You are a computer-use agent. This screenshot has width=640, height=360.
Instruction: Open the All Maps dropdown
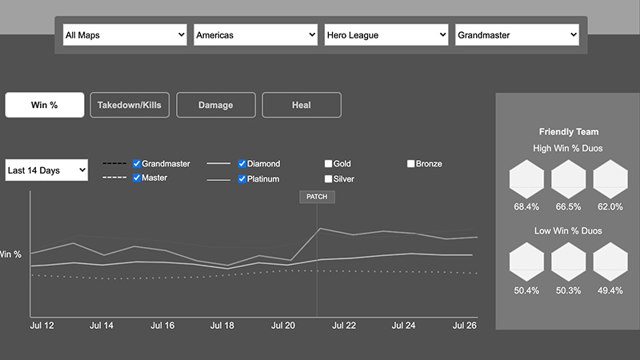(124, 35)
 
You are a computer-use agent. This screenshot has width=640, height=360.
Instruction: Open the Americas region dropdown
(255, 35)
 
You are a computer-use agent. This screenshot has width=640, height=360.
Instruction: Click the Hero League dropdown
(386, 35)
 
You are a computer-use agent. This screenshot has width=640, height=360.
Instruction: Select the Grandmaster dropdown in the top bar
(517, 35)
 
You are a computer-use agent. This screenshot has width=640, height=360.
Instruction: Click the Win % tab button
(45, 105)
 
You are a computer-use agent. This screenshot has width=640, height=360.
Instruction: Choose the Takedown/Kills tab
(130, 105)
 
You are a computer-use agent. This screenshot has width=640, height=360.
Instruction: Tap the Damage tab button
(216, 105)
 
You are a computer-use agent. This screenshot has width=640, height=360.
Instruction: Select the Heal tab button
(302, 105)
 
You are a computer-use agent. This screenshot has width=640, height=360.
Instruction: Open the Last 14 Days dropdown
(46, 170)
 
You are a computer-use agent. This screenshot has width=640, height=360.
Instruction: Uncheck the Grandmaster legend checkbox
(137, 163)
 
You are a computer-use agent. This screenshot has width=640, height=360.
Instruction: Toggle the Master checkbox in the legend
(137, 178)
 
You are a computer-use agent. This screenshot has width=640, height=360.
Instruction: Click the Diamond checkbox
(242, 164)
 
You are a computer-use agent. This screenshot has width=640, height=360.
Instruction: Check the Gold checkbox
(329, 164)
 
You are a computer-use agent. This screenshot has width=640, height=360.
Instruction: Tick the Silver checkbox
(329, 179)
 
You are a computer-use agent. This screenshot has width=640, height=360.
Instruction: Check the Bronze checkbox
(411, 164)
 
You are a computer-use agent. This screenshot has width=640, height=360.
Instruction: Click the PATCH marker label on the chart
(317, 197)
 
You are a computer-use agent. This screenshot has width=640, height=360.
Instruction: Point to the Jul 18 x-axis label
(222, 326)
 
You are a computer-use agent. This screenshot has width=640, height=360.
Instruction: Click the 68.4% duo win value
(526, 206)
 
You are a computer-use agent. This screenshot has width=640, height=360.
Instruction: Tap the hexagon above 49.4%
(610, 259)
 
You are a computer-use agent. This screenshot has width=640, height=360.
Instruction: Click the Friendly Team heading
(569, 132)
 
